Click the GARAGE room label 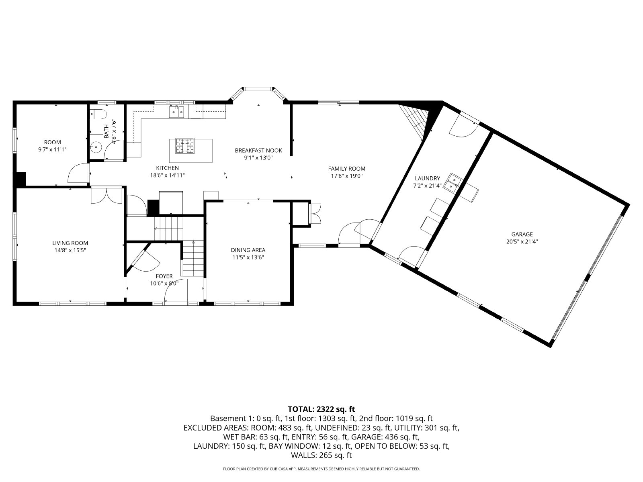pyautogui.click(x=522, y=234)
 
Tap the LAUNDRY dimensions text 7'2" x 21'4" pyautogui.click(x=427, y=186)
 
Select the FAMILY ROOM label pyautogui.click(x=346, y=169)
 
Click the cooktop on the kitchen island pyautogui.click(x=185, y=146)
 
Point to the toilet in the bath pyautogui.click(x=98, y=114)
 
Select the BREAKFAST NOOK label pyautogui.click(x=258, y=151)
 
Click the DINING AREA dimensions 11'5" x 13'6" pyautogui.click(x=248, y=257)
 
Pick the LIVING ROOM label pyautogui.click(x=70, y=243)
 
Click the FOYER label pyautogui.click(x=164, y=276)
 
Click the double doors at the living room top pyautogui.click(x=106, y=195)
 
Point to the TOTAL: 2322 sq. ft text pyautogui.click(x=321, y=409)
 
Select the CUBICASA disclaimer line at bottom pyautogui.click(x=321, y=469)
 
